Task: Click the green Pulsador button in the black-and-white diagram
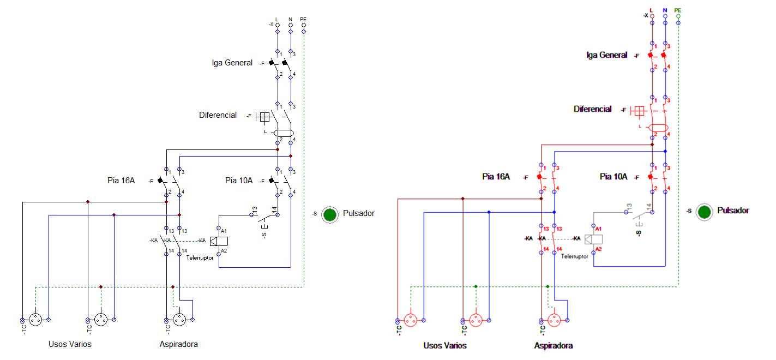(x=329, y=214)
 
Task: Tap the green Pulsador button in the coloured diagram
(x=705, y=212)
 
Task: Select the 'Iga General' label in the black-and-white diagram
(x=232, y=63)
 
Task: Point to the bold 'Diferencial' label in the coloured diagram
(x=592, y=109)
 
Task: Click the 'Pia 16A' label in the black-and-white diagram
(x=121, y=181)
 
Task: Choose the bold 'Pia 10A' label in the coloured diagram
(x=613, y=177)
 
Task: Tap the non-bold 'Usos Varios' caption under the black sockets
(x=70, y=344)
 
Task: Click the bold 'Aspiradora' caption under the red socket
(x=554, y=346)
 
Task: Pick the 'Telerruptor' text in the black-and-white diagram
(x=200, y=257)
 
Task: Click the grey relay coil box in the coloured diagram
(x=593, y=239)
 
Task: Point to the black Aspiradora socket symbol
(x=179, y=320)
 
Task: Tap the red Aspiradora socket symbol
(x=555, y=320)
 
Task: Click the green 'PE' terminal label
(x=678, y=10)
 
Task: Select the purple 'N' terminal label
(x=665, y=10)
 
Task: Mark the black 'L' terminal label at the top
(x=277, y=20)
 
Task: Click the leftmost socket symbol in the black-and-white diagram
(x=35, y=320)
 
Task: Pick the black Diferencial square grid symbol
(x=264, y=116)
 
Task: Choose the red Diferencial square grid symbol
(x=638, y=111)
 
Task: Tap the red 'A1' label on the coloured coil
(x=599, y=228)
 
